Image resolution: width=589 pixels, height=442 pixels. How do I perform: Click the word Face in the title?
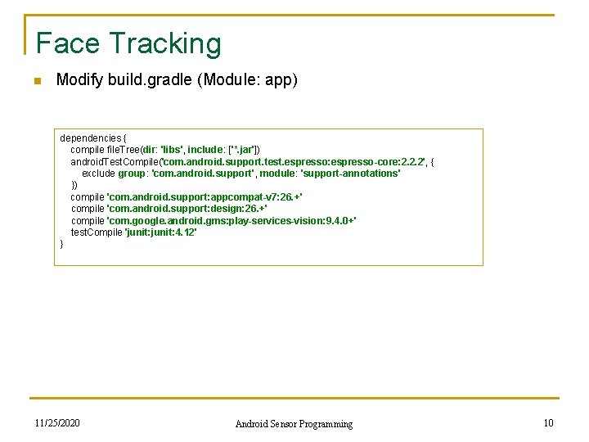click(67, 43)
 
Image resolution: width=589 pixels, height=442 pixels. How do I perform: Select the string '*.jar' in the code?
click(243, 150)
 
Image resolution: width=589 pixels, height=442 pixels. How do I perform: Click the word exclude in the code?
click(98, 174)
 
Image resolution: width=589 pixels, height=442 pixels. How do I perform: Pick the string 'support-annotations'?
click(351, 174)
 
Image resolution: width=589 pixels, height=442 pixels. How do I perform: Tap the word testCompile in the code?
click(96, 232)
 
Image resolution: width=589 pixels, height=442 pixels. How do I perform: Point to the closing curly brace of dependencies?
click(62, 244)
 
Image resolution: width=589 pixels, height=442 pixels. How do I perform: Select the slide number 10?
click(548, 423)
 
